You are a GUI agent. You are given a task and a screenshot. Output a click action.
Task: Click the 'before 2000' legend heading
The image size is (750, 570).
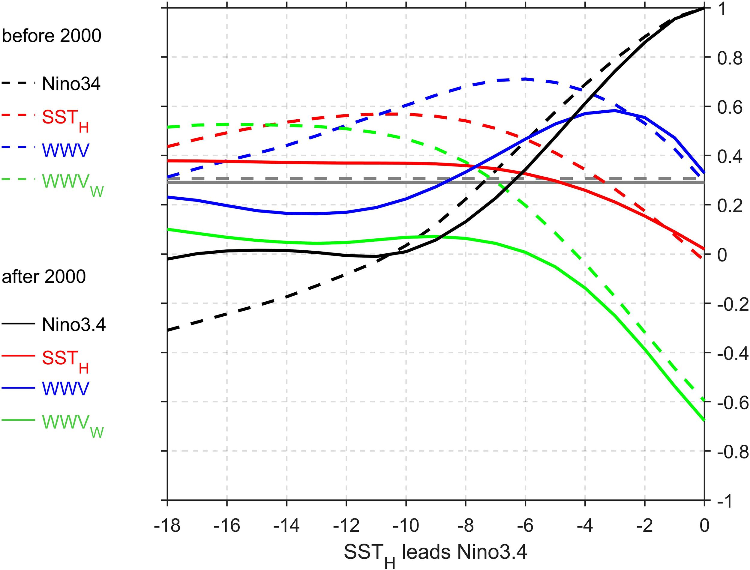pos(52,36)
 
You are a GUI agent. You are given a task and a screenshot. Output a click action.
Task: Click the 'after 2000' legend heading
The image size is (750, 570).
pos(44,277)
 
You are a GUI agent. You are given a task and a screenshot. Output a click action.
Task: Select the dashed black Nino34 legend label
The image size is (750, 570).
pos(71,84)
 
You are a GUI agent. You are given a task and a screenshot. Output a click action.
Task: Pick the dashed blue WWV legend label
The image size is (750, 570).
pos(65,150)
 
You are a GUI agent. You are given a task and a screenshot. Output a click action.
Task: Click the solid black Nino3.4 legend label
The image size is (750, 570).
pos(73,325)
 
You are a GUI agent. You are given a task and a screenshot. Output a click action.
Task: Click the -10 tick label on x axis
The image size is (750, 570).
pos(406,526)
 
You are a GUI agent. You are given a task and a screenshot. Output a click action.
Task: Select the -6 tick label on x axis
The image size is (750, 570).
pos(525,526)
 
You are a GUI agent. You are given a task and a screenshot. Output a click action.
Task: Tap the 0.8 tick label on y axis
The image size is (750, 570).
pos(730,59)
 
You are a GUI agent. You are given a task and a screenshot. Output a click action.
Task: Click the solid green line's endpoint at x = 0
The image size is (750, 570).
pos(704,421)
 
